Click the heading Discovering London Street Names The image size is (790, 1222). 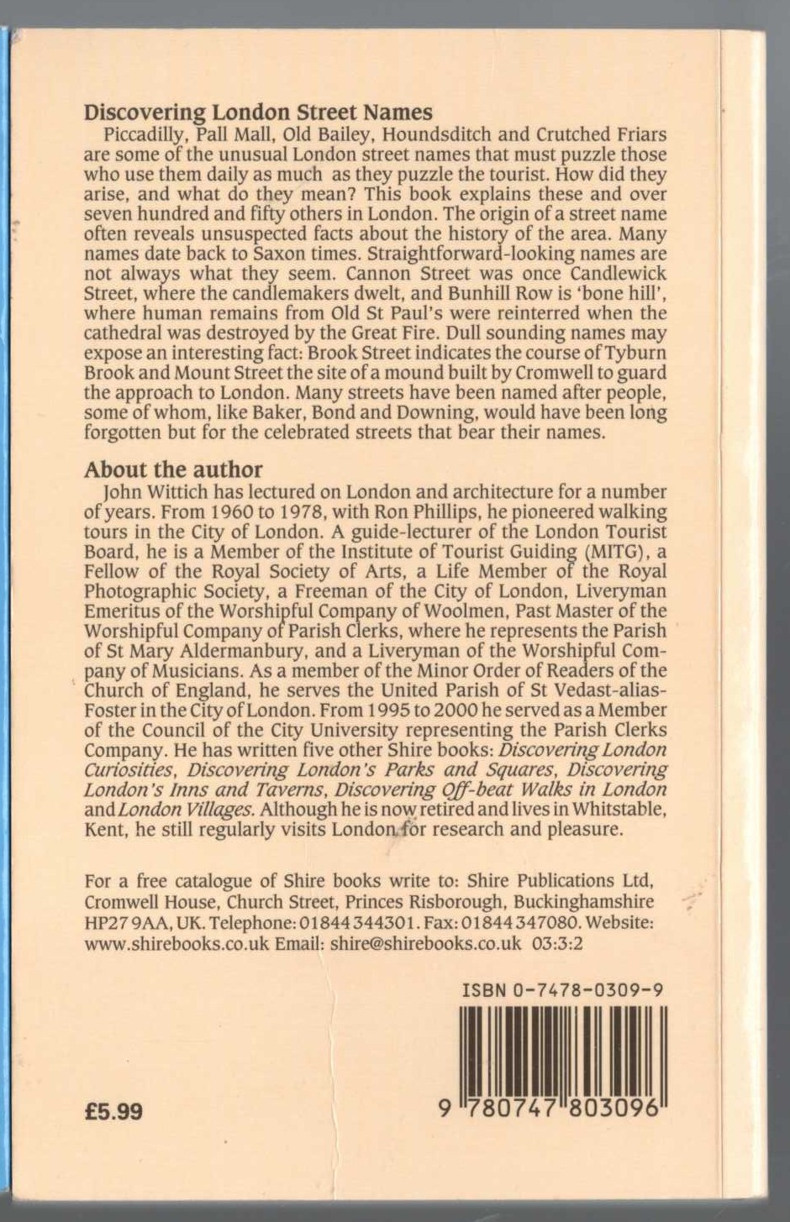point(258,113)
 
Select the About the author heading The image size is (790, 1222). point(173,469)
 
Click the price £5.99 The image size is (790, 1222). point(114,1112)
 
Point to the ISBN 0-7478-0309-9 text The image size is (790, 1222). point(563,990)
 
